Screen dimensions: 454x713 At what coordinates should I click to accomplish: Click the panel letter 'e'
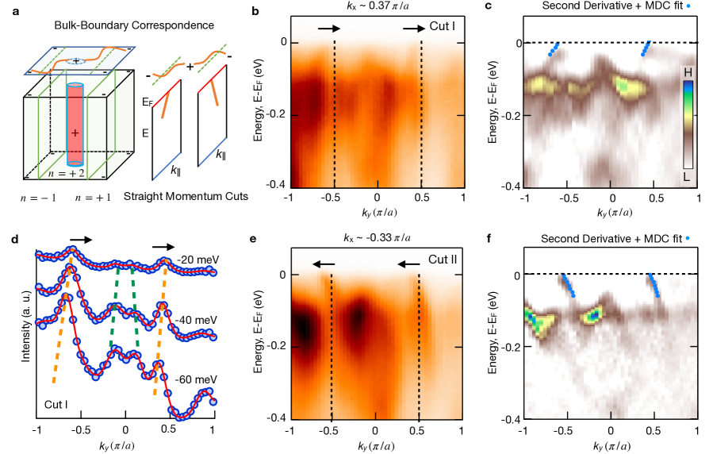(x=253, y=237)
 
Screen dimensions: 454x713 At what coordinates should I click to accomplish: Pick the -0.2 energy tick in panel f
(x=508, y=348)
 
